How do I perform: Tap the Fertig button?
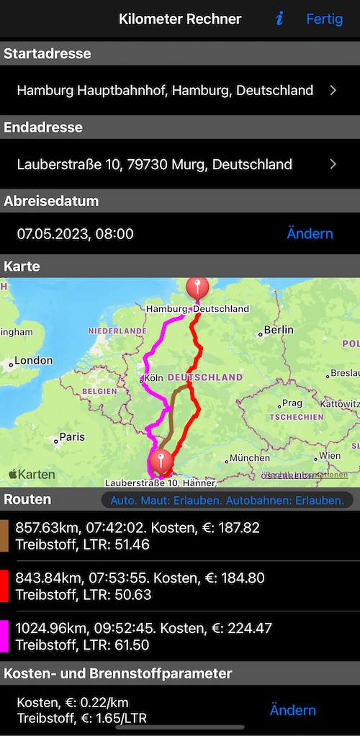(x=324, y=19)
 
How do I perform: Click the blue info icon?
(x=279, y=19)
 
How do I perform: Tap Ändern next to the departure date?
(x=310, y=233)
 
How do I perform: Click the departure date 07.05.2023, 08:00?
(x=76, y=233)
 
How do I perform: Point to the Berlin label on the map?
(x=278, y=330)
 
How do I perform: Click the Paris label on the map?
(x=71, y=436)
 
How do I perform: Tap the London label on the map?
(x=33, y=360)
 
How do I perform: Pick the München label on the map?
(x=250, y=457)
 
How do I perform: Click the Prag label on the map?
(x=292, y=403)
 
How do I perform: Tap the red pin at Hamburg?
(x=197, y=288)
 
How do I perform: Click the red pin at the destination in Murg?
(x=161, y=459)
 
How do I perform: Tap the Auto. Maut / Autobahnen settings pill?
(x=227, y=500)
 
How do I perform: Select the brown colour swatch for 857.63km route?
(x=4, y=536)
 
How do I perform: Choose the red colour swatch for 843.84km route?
(x=4, y=585)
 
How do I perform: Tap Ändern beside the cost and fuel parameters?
(x=292, y=710)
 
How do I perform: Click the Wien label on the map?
(x=330, y=456)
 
